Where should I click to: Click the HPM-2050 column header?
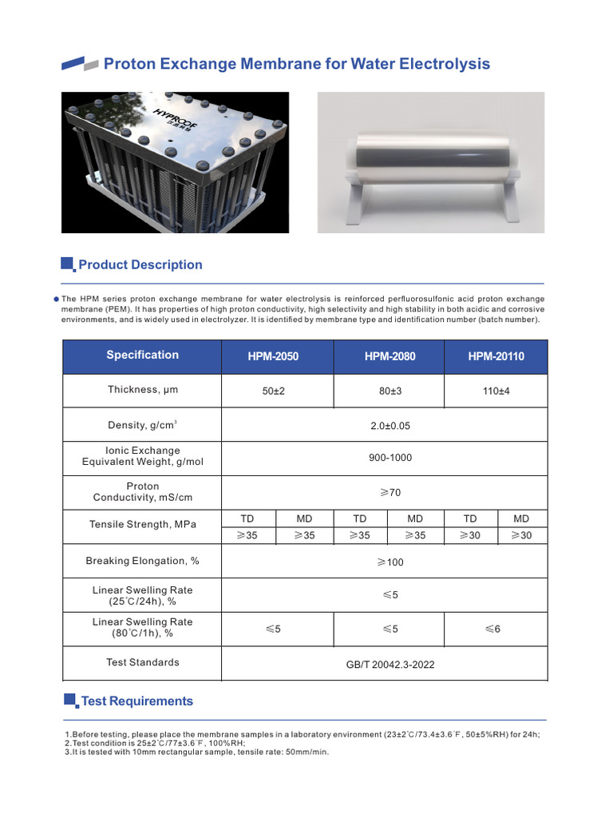coord(273,356)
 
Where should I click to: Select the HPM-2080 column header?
coord(390,356)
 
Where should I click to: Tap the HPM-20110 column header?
coord(496,356)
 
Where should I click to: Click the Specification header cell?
coord(143,355)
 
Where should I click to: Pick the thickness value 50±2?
coord(274,391)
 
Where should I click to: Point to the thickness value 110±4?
coord(496,391)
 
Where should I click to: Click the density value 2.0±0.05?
coord(390,426)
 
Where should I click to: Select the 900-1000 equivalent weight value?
coord(390,459)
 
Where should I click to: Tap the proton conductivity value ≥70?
coord(390,493)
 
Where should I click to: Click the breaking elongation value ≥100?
coord(390,562)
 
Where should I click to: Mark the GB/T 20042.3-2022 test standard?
coord(390,664)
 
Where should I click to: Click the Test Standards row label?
coord(143,662)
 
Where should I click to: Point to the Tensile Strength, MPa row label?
coord(143,525)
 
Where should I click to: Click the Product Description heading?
coord(140,265)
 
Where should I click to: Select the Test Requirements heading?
coord(137,701)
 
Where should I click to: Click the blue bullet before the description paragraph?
coord(56,299)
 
